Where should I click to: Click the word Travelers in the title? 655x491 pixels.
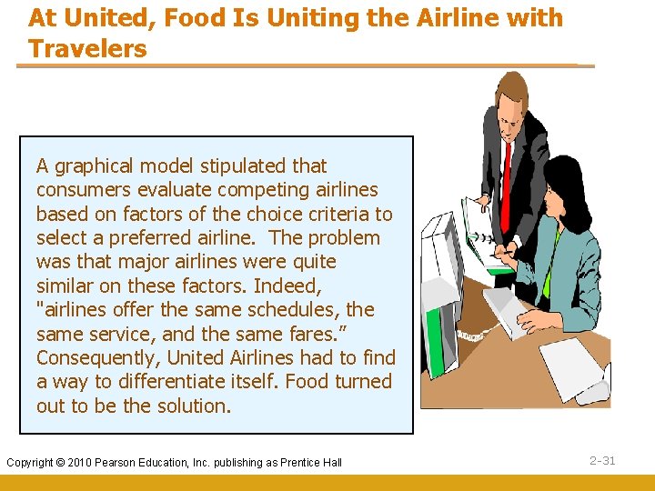[x=87, y=49]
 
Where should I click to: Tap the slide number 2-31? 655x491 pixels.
[x=602, y=461]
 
